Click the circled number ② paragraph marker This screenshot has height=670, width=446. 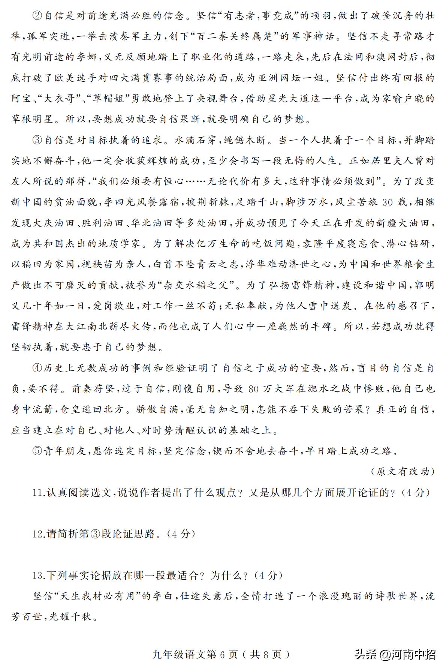coord(38,16)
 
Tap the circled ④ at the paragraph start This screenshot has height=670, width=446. coord(38,368)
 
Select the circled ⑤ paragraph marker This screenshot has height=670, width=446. coord(38,450)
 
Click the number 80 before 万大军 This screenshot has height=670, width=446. coord(253,389)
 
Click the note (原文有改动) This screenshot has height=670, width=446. coord(402,471)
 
